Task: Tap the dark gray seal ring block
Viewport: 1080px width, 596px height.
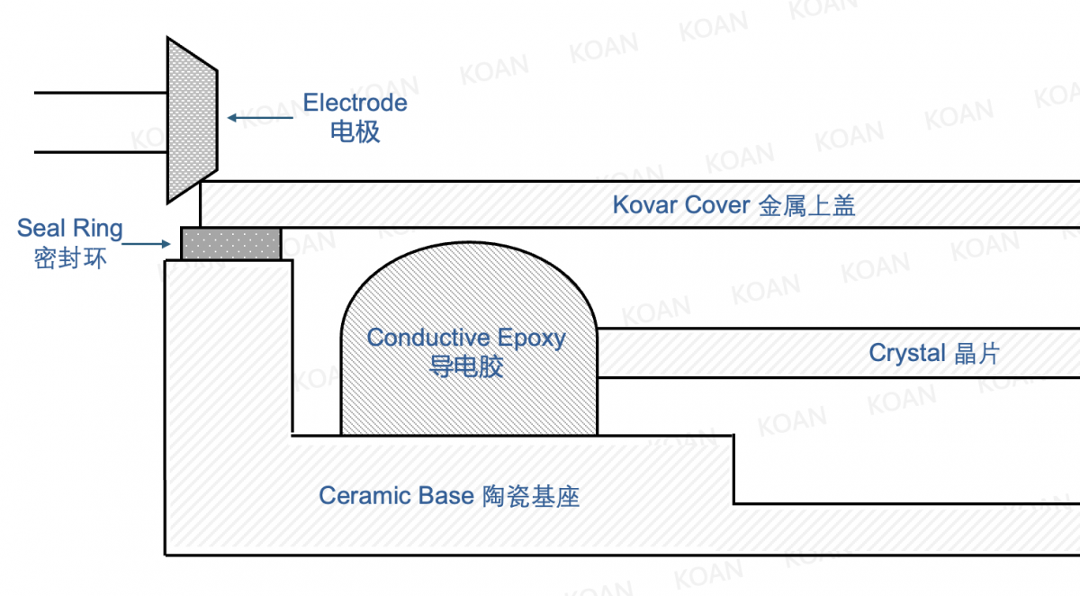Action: pyautogui.click(x=230, y=243)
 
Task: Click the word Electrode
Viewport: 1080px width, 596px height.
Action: pyautogui.click(x=355, y=103)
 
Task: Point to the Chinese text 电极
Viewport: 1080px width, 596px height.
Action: pyautogui.click(x=355, y=132)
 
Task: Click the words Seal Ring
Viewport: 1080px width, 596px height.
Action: pyautogui.click(x=69, y=228)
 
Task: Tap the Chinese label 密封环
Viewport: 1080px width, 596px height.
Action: pyautogui.click(x=69, y=258)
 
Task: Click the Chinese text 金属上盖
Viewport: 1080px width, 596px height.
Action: pyautogui.click(x=806, y=206)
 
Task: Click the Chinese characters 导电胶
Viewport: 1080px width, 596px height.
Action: pyautogui.click(x=466, y=367)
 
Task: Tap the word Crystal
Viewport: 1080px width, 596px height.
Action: pyautogui.click(x=906, y=353)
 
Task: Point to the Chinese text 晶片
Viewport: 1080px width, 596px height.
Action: pyautogui.click(x=976, y=353)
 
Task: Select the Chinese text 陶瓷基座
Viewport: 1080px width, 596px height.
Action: pyautogui.click(x=530, y=496)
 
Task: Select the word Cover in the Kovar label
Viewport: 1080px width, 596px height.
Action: pyautogui.click(x=717, y=205)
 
